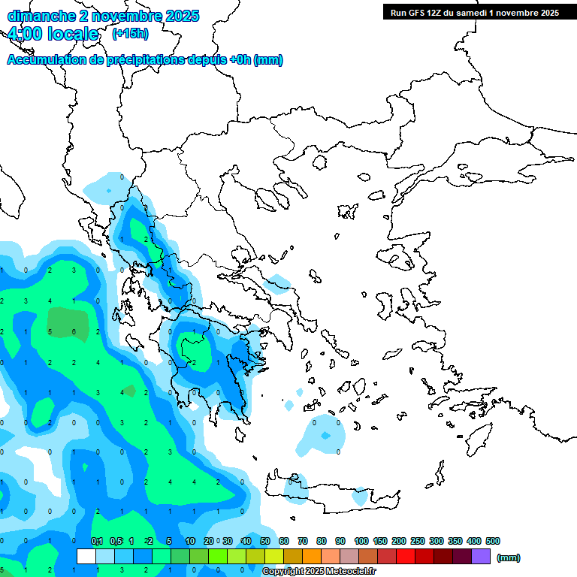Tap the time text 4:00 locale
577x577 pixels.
(53, 34)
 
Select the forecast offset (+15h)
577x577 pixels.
(130, 34)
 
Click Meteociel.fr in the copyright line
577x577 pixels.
(346, 572)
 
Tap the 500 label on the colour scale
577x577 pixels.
(493, 541)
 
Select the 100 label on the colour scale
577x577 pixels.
(361, 541)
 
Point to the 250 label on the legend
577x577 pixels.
(417, 541)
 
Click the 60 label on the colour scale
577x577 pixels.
(283, 541)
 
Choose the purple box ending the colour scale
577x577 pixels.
(481, 557)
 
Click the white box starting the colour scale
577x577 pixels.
(86, 557)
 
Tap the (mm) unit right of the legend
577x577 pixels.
(509, 557)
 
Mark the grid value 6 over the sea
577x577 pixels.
(74, 331)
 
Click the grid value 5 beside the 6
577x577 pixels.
(50, 331)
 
